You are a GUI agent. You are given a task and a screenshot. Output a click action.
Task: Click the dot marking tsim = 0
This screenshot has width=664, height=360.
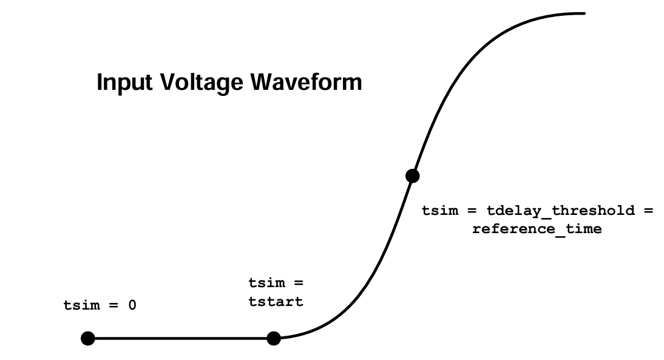(x=88, y=338)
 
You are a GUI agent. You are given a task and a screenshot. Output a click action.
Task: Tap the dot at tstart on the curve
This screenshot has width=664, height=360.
(x=274, y=338)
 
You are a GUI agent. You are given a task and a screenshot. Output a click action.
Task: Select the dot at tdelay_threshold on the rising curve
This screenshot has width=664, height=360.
(x=412, y=176)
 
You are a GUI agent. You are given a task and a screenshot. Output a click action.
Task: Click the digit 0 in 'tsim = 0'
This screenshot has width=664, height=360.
(x=132, y=305)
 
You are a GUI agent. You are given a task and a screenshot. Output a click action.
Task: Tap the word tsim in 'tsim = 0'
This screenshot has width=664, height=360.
(x=81, y=305)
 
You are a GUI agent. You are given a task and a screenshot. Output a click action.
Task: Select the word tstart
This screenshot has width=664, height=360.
(x=276, y=301)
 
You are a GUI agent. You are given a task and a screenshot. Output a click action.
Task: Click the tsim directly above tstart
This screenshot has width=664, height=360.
(x=266, y=283)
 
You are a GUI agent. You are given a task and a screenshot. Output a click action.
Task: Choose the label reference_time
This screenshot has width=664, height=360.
(x=537, y=229)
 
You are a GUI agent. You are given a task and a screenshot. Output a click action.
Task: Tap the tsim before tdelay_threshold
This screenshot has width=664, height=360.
(x=440, y=211)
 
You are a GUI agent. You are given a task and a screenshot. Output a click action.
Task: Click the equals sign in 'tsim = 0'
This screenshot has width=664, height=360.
(x=113, y=305)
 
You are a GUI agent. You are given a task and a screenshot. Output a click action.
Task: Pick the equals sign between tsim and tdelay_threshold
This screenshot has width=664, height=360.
(x=472, y=211)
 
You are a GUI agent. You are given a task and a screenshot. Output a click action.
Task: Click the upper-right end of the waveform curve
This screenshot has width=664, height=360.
(x=583, y=13)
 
